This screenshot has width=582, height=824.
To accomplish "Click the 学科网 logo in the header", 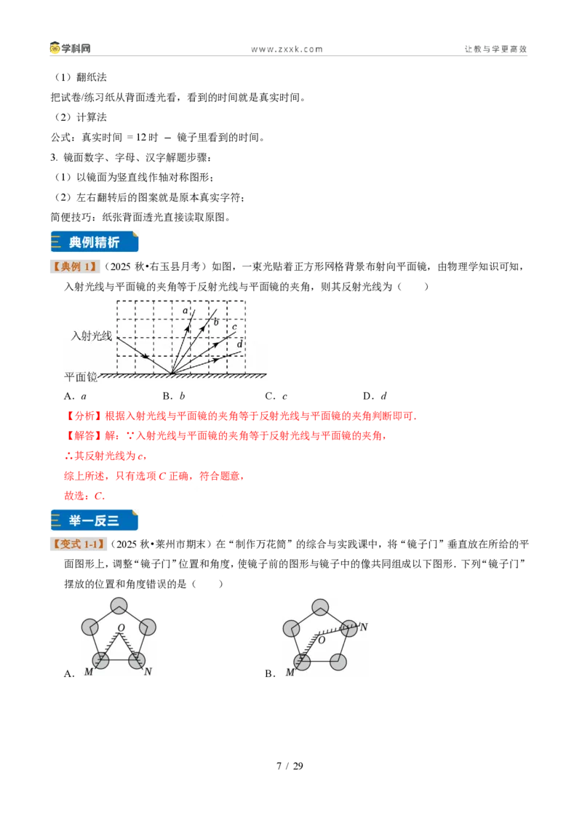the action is point(70,48).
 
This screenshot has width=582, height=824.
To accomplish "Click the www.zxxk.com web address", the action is point(287,49).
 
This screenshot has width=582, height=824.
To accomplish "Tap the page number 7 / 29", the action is point(290,766).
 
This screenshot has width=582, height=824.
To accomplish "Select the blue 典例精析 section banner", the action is point(95,242).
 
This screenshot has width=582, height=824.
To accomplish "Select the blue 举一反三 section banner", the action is point(95,520).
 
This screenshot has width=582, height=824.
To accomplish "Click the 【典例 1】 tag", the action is point(75,266).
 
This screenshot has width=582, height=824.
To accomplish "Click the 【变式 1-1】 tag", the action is point(79,544).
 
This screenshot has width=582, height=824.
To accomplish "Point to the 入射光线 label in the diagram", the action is point(92,336).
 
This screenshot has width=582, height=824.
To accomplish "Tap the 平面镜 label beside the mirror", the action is point(80,377).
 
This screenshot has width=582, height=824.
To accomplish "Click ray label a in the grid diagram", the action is point(185,311).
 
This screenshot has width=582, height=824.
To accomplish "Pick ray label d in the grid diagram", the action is point(239,344).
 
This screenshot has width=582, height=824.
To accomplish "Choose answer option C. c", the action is point(276,396).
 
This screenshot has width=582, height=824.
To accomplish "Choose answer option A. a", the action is point(75,396).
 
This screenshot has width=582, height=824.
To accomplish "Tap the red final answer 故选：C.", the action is point(84,496).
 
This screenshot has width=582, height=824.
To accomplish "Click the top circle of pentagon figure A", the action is point(119,606).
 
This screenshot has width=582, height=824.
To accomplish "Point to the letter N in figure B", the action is point(364,627).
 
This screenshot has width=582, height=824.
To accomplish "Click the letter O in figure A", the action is point(121,627).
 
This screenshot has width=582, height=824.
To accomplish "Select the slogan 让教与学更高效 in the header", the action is point(495,49).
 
